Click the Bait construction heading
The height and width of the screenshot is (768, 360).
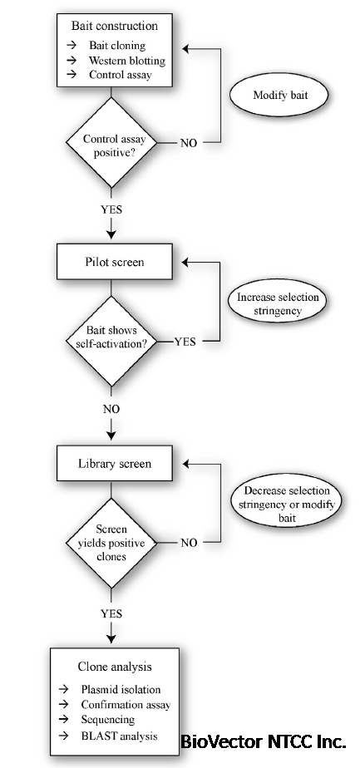coord(115,26)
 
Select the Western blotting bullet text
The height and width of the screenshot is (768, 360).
coord(127,60)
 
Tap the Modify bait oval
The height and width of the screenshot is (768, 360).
coord(279,96)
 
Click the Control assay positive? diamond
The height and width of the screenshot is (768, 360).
coord(112,142)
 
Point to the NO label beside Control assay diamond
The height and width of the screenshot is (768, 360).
coord(189,143)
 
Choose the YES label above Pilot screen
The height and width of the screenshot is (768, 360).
coord(111,209)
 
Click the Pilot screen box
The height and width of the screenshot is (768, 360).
coord(115,262)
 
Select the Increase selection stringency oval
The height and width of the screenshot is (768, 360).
coord(277,304)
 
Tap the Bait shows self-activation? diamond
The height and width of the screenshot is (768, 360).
coord(112,341)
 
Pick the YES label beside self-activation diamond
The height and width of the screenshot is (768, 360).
coord(185,342)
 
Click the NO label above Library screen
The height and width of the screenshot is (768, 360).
coord(111,409)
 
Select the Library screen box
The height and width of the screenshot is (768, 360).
coord(115,463)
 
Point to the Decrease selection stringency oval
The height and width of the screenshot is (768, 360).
coord(287,504)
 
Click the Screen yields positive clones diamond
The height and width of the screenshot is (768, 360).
coord(112,543)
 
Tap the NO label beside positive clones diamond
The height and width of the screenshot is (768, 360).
coord(189,543)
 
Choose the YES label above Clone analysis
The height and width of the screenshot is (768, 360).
coord(111,613)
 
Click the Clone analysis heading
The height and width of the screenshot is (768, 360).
coord(115,667)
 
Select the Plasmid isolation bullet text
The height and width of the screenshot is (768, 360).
coord(121,690)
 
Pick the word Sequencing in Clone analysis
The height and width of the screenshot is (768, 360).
coord(108,720)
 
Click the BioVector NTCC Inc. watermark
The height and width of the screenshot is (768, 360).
coord(264,741)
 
